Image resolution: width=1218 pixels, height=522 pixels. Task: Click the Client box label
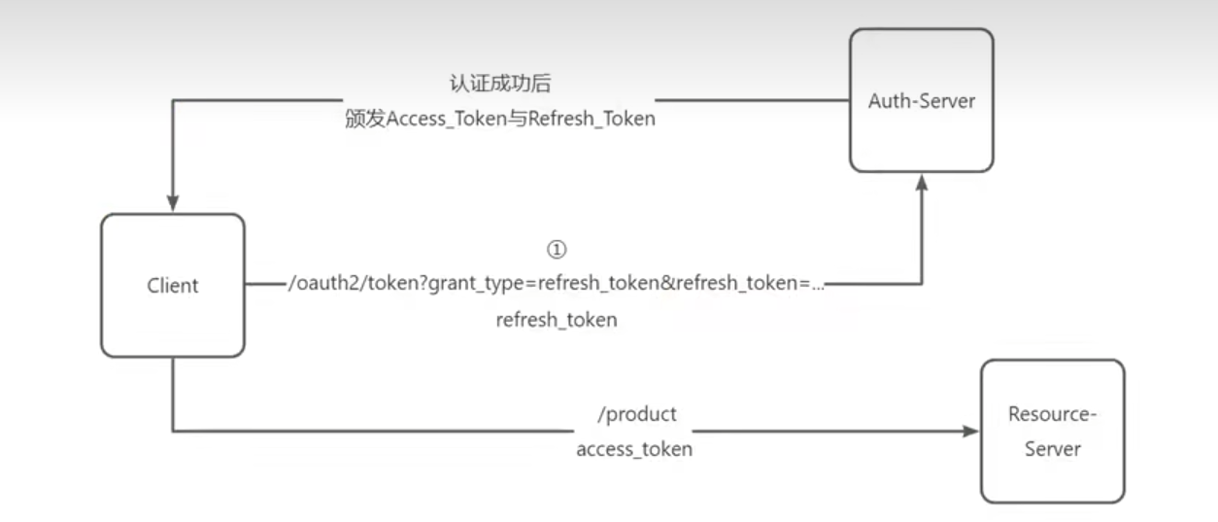172,285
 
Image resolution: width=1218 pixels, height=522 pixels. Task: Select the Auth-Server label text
922,101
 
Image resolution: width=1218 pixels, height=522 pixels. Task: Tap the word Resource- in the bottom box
1052,414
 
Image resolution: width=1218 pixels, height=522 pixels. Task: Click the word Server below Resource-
1053,449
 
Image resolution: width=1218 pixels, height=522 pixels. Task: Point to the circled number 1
557,249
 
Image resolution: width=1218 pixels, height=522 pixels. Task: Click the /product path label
637,414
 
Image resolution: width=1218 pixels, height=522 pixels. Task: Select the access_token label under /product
634,450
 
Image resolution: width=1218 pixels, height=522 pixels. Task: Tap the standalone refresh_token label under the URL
557,320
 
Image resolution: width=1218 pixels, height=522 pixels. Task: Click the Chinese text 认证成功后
499,84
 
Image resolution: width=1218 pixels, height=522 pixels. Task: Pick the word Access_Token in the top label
446,119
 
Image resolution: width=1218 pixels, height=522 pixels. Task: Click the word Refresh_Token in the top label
592,119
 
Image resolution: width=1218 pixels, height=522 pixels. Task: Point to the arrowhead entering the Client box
173,202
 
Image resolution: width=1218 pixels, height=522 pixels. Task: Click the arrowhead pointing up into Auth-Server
922,183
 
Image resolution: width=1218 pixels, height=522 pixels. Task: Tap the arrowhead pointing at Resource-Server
970,431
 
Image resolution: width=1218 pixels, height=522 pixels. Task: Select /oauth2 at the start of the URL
325,283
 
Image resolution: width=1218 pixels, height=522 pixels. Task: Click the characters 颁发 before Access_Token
365,119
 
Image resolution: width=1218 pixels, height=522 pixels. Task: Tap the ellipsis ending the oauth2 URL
817,288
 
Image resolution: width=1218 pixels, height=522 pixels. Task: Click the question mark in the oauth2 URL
423,283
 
